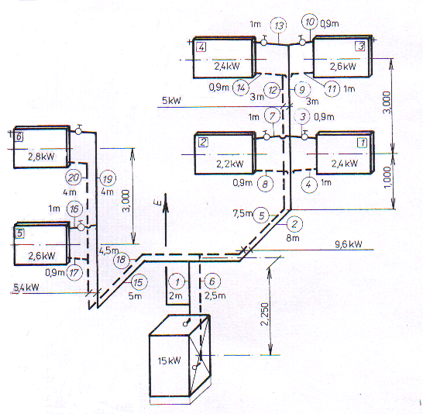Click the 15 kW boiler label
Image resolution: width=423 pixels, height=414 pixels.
coord(169,361)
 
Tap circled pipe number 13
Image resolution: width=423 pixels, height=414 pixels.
coord(278,26)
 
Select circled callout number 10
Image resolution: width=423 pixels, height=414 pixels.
coord(310,22)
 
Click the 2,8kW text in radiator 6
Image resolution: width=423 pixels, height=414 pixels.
coord(41,157)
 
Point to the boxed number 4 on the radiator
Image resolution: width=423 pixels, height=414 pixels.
coord(201,47)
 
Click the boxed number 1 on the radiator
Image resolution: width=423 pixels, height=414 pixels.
coord(362,142)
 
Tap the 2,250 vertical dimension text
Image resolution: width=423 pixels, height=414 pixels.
coord(266,314)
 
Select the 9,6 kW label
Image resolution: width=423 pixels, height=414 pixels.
coord(349,244)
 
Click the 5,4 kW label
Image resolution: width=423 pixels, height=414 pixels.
coord(26,288)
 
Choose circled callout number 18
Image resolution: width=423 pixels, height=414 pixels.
coord(121,260)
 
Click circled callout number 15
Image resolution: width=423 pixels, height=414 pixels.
coord(139,282)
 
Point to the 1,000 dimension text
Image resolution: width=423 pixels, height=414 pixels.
coord(387,178)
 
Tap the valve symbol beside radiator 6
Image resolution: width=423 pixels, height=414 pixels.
coord(78,130)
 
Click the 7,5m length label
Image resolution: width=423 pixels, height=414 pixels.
coord(242,213)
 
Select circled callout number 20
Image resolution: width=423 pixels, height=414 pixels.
coord(74,178)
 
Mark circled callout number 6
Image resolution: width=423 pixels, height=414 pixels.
coord(212,281)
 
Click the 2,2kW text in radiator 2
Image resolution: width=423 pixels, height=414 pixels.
coord(230,164)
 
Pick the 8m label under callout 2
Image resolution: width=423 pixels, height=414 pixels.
coord(293,238)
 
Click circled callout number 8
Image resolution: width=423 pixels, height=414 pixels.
coord(265,184)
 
